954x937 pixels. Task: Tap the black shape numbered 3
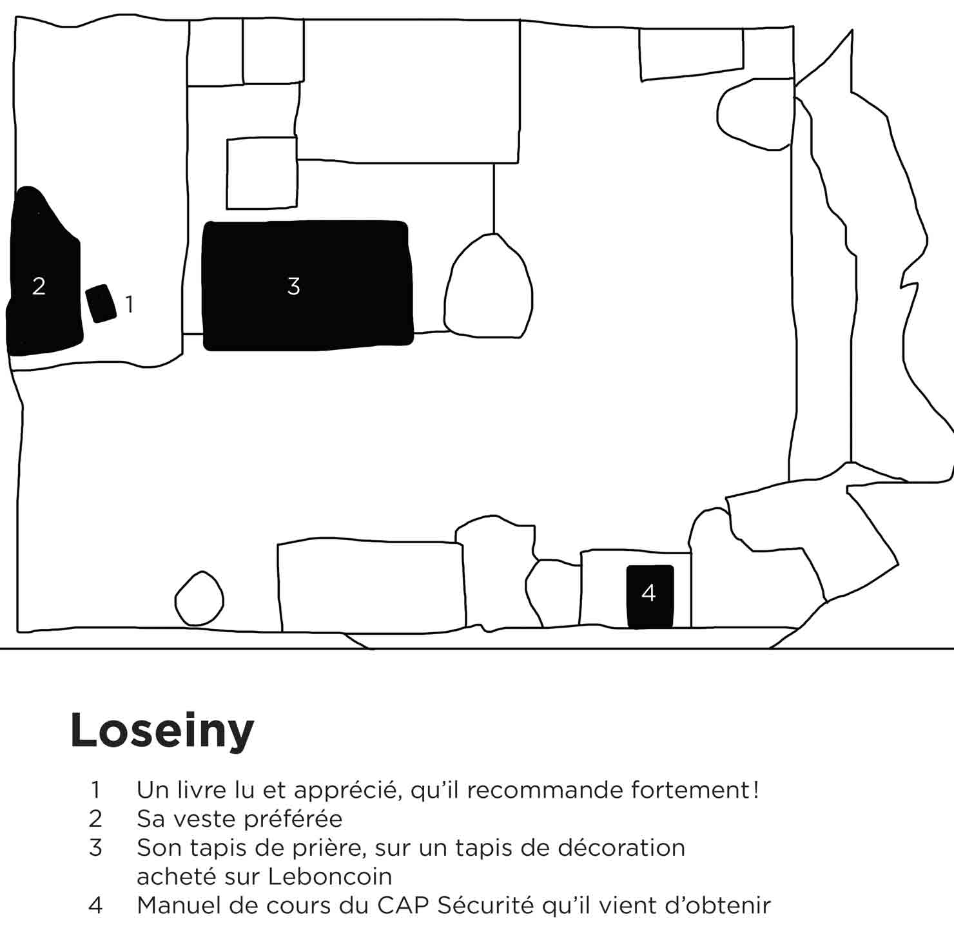[x=307, y=285]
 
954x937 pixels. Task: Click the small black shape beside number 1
[x=101, y=303]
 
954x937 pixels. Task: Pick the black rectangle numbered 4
[x=650, y=596]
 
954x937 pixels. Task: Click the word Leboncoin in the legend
[x=330, y=876]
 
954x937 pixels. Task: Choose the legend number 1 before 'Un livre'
[x=96, y=789]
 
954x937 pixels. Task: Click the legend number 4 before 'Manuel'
[x=95, y=905]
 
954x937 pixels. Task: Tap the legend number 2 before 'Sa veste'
[x=95, y=818]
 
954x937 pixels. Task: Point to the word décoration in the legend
[x=621, y=847]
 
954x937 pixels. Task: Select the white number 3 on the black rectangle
[x=293, y=285]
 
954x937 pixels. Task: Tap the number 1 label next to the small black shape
[x=130, y=304]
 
